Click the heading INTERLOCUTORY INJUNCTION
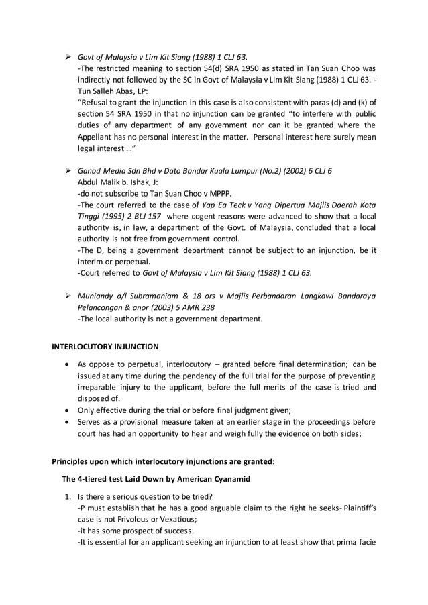click(105, 347)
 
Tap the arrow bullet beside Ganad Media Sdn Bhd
click(68, 170)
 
